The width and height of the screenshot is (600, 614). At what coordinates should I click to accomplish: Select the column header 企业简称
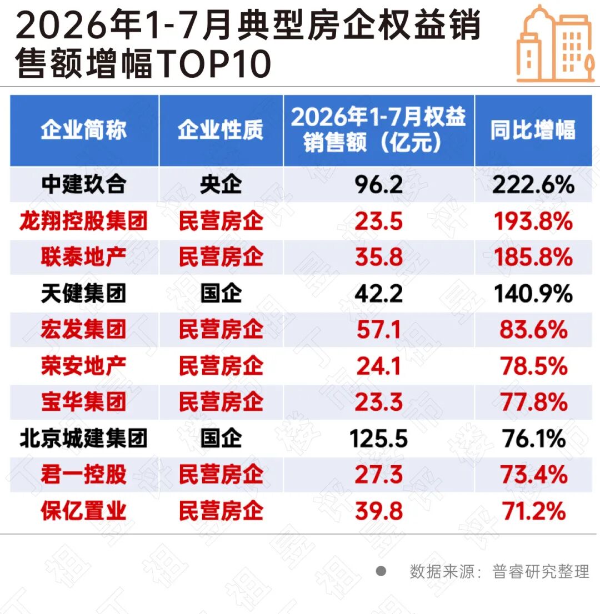(x=84, y=129)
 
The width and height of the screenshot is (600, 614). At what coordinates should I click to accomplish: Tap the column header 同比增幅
(x=533, y=129)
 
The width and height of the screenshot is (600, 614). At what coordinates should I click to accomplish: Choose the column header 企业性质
(x=221, y=129)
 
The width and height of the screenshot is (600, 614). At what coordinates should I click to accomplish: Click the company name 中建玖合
(x=84, y=184)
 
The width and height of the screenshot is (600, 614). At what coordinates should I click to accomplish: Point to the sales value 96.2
(x=378, y=184)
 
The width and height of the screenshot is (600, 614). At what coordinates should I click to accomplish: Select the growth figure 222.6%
(x=533, y=184)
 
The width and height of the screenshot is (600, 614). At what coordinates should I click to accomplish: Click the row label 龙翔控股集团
(x=84, y=220)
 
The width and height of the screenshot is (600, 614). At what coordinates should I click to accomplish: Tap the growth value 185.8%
(x=533, y=257)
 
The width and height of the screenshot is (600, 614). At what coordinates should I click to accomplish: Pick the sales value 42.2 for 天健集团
(x=378, y=294)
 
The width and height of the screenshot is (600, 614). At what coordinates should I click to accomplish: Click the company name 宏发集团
(x=84, y=329)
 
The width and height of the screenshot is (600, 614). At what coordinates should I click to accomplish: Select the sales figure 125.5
(x=378, y=439)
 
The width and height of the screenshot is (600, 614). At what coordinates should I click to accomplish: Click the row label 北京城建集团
(x=84, y=438)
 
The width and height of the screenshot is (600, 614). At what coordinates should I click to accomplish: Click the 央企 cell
(x=221, y=184)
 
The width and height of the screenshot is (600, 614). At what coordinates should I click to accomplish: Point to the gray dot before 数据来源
(x=381, y=571)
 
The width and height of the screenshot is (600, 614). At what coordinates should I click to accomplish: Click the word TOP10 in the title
(x=215, y=63)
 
